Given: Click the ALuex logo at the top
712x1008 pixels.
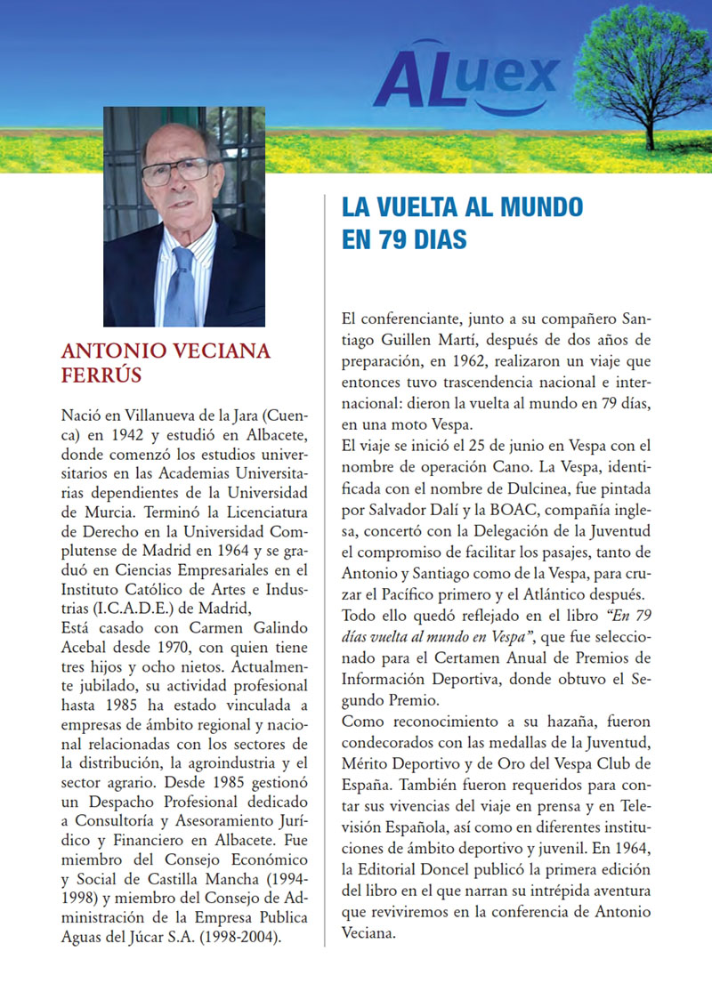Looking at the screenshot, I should point(465,77).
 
